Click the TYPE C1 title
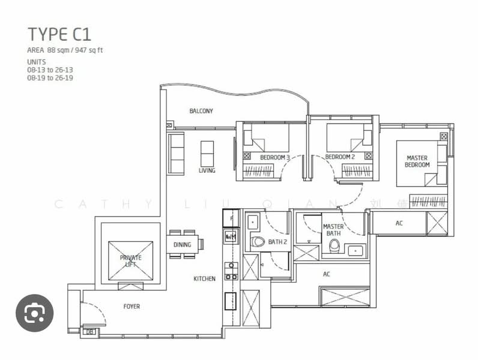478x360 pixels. pyautogui.click(x=59, y=34)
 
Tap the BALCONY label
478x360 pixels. pyautogui.click(x=201, y=111)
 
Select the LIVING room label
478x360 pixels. pyautogui.click(x=207, y=170)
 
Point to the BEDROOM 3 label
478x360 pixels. pyautogui.click(x=275, y=158)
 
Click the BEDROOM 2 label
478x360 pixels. pyautogui.click(x=340, y=157)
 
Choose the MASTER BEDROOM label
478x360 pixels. pyautogui.click(x=417, y=161)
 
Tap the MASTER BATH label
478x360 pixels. pyautogui.click(x=333, y=230)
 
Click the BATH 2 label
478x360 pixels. pyautogui.click(x=277, y=242)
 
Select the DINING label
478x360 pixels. pyautogui.click(x=182, y=245)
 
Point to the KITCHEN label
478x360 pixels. pyautogui.click(x=204, y=279)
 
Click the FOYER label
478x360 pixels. pyautogui.click(x=132, y=307)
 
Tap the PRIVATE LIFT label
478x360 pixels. pyautogui.click(x=130, y=261)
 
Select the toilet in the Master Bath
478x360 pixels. pyautogui.click(x=334, y=247)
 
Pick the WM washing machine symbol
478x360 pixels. pyautogui.click(x=231, y=237)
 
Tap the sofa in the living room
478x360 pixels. pyautogui.click(x=176, y=154)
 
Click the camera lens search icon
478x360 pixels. pyautogui.click(x=34, y=313)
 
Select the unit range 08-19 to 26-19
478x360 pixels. pyautogui.click(x=50, y=78)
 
